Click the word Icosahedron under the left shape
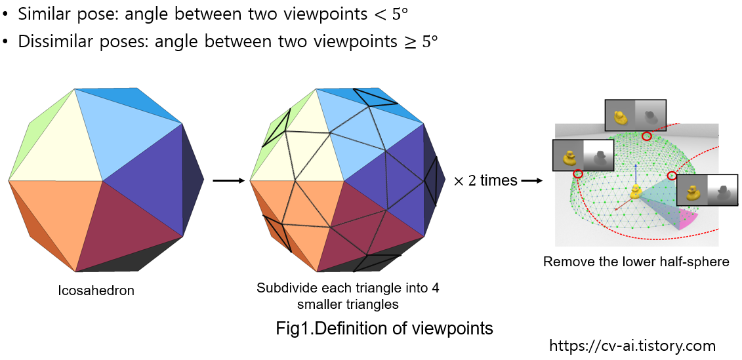(96, 290)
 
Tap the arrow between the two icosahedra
(228, 180)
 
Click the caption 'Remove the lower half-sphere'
(636, 262)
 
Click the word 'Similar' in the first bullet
(41, 13)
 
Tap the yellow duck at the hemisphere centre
(635, 193)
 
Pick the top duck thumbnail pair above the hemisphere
(634, 117)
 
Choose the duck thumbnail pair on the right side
(707, 193)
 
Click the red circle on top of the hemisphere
(647, 136)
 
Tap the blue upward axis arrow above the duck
(635, 172)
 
